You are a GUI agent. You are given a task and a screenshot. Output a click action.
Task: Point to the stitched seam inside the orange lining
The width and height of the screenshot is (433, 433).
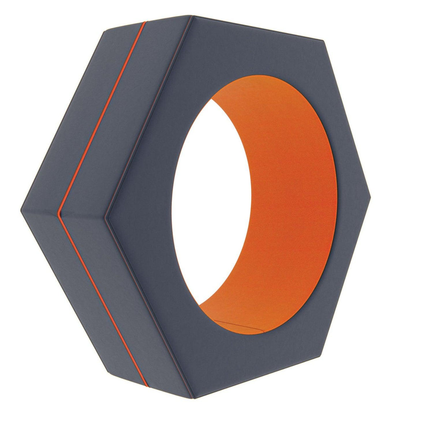pos(238,324)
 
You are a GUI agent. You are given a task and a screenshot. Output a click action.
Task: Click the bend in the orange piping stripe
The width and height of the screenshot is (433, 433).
pos(59,214)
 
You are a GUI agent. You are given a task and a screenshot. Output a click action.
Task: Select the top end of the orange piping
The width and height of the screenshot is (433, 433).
pos(145,22)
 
